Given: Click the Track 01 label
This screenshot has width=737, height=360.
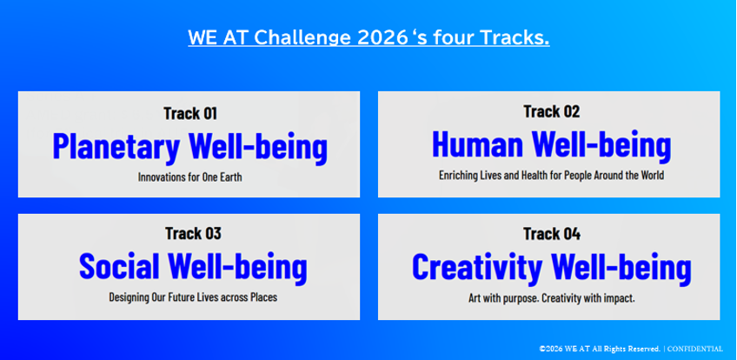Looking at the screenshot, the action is pos(190,113).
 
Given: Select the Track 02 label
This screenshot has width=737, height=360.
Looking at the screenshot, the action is pos(551,112).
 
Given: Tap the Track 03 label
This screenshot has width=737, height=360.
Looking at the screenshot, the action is pos(193,234).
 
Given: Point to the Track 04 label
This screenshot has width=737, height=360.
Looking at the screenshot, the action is pos(552,234).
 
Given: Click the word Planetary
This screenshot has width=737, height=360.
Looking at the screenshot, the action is pos(116,148).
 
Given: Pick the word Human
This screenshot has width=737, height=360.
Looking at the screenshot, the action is pos(477,144).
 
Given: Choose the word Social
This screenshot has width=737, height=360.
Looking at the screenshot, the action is pos(118,265).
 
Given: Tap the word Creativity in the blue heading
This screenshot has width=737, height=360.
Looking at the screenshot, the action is pos(476,268).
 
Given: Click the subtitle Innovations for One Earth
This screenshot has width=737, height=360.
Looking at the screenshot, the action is pos(189,177).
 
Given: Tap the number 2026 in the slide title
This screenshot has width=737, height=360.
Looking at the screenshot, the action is pos(382,37).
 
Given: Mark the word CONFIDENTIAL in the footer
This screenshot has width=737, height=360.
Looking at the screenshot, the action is pos(695,349).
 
